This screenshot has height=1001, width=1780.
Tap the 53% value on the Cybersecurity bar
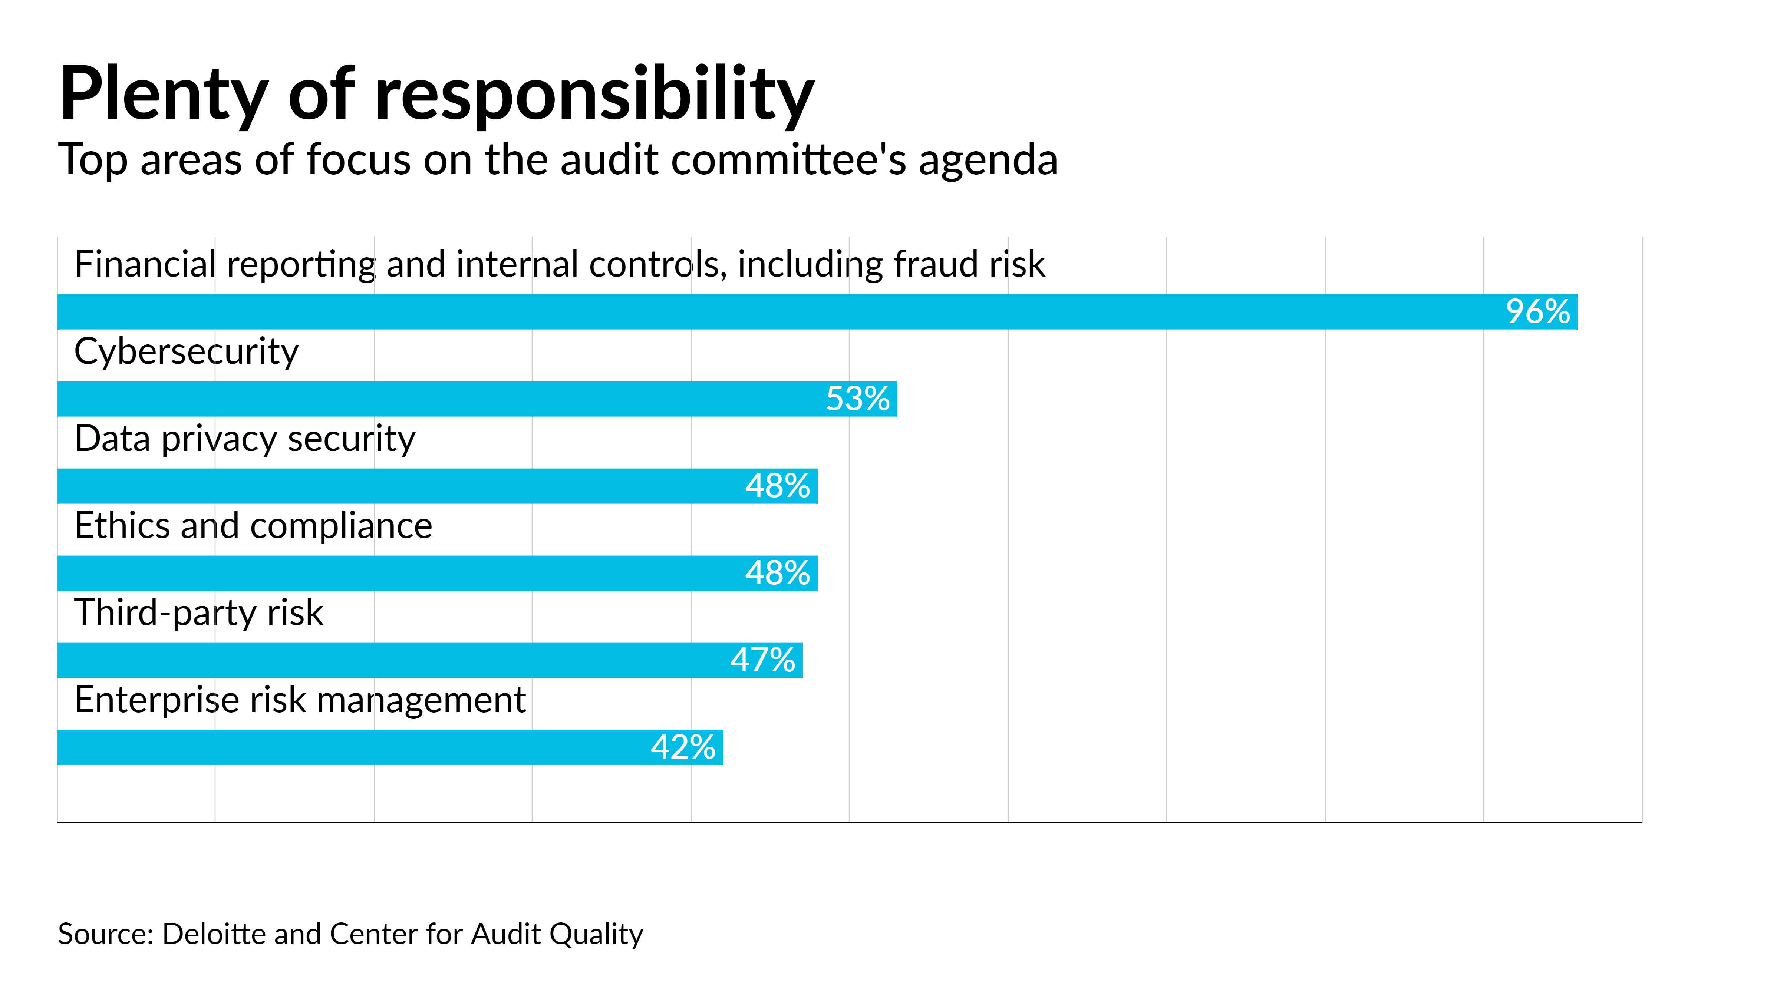857,399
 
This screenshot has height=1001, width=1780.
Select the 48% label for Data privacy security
777,486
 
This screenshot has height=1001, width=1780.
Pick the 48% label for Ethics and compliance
777,573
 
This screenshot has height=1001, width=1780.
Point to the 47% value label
763,660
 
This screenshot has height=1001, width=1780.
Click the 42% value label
683,747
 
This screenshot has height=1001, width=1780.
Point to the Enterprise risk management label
300,700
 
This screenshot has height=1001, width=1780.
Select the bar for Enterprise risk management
346,747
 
